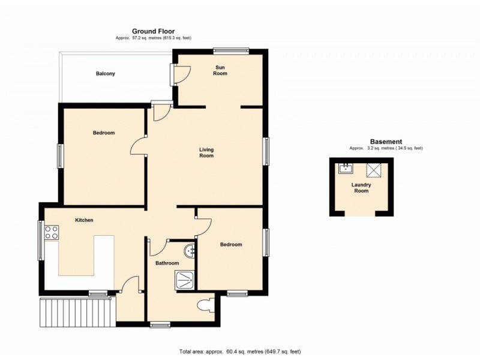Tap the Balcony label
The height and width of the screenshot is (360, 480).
105,74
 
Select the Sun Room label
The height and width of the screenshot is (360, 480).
221,70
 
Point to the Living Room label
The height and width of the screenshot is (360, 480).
206,152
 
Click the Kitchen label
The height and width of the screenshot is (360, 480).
83,220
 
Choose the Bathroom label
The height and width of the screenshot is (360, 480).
167,263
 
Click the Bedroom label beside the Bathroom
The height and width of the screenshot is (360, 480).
231,244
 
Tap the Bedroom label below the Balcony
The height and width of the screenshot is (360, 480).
103,133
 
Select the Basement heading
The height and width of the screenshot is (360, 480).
386,142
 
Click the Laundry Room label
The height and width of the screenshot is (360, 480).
361,188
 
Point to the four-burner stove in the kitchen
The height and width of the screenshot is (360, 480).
51,232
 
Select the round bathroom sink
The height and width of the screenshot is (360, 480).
190,250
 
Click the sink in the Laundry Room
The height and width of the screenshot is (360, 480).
346,168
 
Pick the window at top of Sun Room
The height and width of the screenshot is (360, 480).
231,51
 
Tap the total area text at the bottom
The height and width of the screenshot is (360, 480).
239,351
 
